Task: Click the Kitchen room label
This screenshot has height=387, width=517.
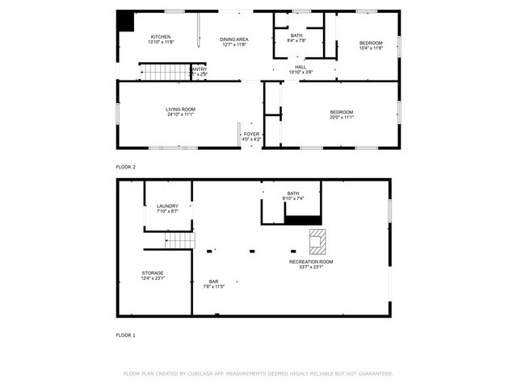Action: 162,37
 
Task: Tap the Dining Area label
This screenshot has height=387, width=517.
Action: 235,39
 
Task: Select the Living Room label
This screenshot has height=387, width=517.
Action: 181,109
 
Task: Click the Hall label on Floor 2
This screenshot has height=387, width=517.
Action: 301,67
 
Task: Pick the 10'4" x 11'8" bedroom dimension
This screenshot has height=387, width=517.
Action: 371,48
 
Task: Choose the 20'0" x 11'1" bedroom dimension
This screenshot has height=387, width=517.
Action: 342,118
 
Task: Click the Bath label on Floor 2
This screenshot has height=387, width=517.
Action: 296,35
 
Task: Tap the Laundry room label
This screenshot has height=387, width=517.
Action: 167,206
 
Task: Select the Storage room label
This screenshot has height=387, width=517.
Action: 153,273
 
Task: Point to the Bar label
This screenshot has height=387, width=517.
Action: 214,281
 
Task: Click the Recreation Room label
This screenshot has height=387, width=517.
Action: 311,262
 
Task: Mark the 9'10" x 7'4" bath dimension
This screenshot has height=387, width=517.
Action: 292,198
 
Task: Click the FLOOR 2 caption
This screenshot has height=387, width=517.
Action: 125,166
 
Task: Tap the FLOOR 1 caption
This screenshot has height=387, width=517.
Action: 125,334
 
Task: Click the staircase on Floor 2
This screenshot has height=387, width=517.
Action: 166,73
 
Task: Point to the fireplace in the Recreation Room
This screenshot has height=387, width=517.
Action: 318,239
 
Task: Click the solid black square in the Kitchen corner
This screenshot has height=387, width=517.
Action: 125,21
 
